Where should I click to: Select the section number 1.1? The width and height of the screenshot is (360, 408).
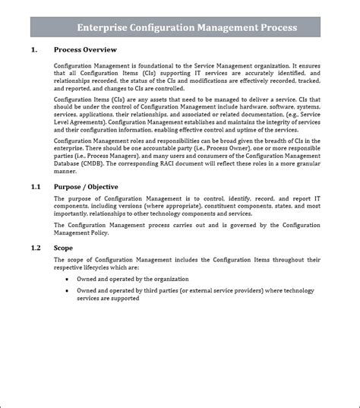(x=36, y=186)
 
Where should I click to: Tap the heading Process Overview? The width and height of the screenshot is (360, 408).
(x=85, y=49)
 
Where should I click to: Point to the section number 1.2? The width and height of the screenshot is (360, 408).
(x=36, y=248)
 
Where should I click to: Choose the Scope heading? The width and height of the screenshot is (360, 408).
(x=64, y=248)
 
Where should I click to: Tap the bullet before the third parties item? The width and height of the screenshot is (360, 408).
(x=68, y=291)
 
